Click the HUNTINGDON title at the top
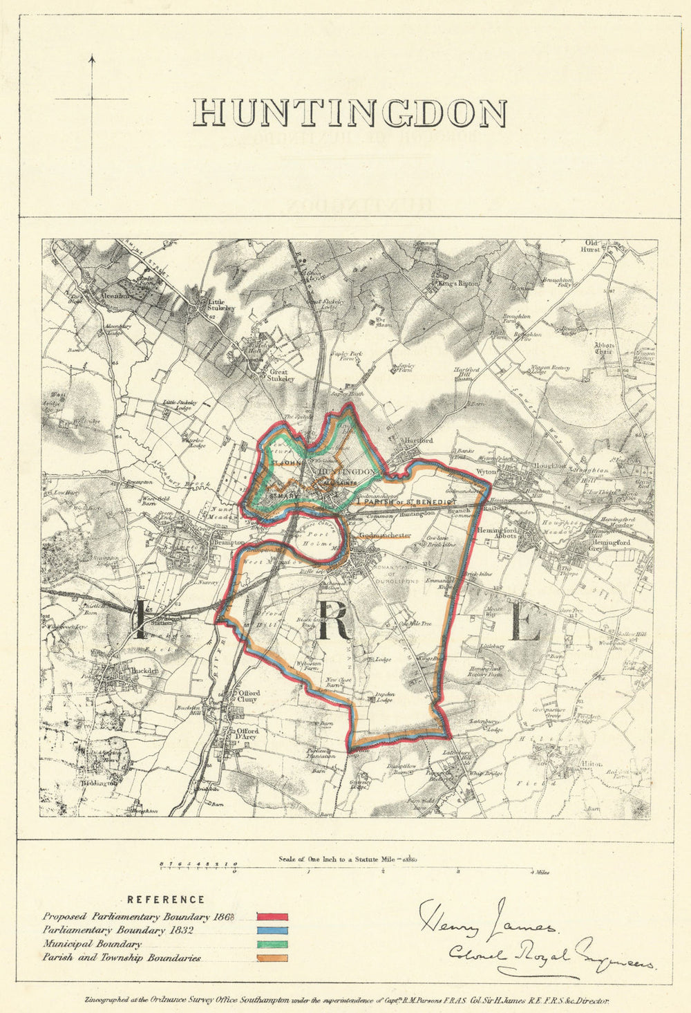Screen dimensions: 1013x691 (x=349, y=113)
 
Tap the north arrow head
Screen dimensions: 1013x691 (x=92, y=59)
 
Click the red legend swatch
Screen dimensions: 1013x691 (x=272, y=917)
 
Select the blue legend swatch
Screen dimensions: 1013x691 (x=272, y=931)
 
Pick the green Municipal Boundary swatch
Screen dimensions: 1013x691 (x=272, y=945)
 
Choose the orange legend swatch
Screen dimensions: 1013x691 (x=272, y=958)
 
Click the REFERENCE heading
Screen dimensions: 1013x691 (x=166, y=900)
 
